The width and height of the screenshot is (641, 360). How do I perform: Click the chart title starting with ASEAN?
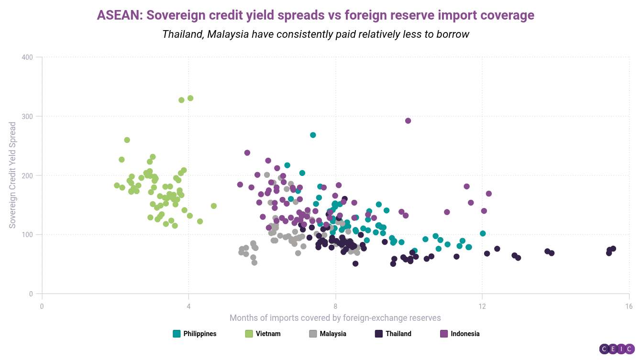point(315,15)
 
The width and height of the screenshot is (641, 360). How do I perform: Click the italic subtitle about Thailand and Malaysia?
point(315,34)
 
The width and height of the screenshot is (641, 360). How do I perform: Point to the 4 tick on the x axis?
point(188,305)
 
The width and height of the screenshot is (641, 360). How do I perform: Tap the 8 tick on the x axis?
point(336,305)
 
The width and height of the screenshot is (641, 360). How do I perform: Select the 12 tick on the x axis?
point(482,305)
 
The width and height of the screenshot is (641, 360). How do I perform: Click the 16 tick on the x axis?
point(629,305)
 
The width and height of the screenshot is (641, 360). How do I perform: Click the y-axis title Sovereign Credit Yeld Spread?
point(13,175)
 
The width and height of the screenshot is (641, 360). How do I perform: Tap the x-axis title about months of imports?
point(335,318)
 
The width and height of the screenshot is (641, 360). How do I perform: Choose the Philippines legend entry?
point(195,334)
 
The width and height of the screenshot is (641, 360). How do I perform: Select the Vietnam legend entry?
point(263,334)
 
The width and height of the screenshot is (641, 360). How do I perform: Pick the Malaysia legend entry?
point(328,334)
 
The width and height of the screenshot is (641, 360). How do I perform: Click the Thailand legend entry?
point(393,334)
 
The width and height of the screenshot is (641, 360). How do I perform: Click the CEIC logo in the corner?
point(617,349)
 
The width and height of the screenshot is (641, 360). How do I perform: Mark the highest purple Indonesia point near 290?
point(408,121)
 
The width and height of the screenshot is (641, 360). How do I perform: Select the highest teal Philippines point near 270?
point(313,135)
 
